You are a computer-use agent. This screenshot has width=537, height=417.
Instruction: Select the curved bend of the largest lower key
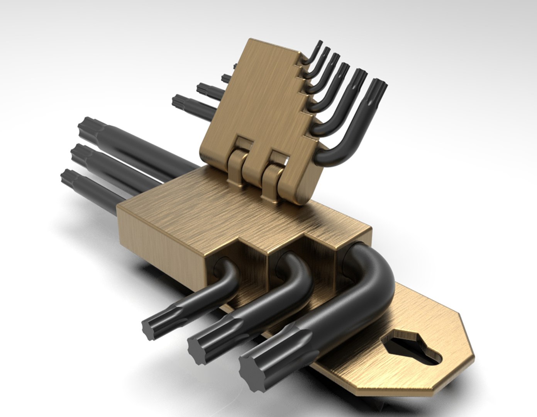[376, 270]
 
